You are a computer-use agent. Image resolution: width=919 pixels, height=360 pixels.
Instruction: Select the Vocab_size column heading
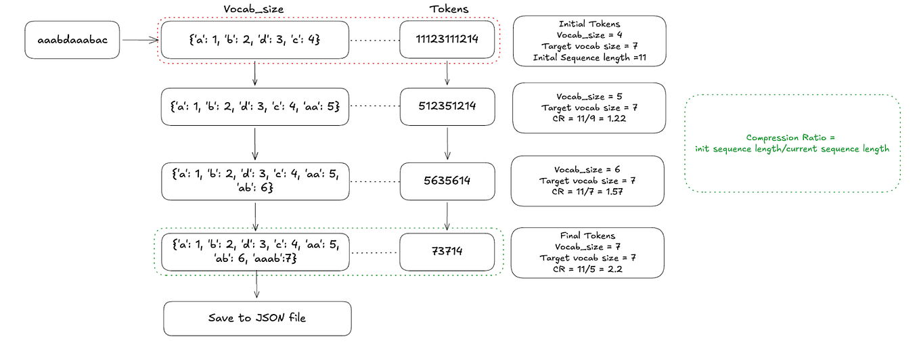253,9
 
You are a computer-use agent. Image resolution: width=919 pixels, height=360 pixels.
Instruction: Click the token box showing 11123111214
447,39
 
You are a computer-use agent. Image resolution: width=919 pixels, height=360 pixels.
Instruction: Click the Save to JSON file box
257,318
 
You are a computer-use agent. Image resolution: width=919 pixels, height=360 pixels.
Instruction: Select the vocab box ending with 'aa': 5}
255,106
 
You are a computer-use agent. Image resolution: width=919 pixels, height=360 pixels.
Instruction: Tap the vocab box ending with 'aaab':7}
255,252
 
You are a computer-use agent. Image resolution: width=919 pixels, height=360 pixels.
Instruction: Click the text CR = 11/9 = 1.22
588,118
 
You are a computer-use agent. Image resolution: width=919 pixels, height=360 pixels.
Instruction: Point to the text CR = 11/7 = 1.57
587,192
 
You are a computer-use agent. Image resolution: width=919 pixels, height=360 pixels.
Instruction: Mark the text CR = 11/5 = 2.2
587,269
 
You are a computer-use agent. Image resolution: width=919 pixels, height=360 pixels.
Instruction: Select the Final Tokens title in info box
587,235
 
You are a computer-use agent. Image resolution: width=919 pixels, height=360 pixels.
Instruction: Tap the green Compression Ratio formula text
792,143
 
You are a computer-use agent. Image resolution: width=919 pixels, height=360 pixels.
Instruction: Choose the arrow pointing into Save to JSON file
257,287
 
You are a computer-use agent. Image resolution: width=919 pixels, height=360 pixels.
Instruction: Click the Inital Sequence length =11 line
589,58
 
